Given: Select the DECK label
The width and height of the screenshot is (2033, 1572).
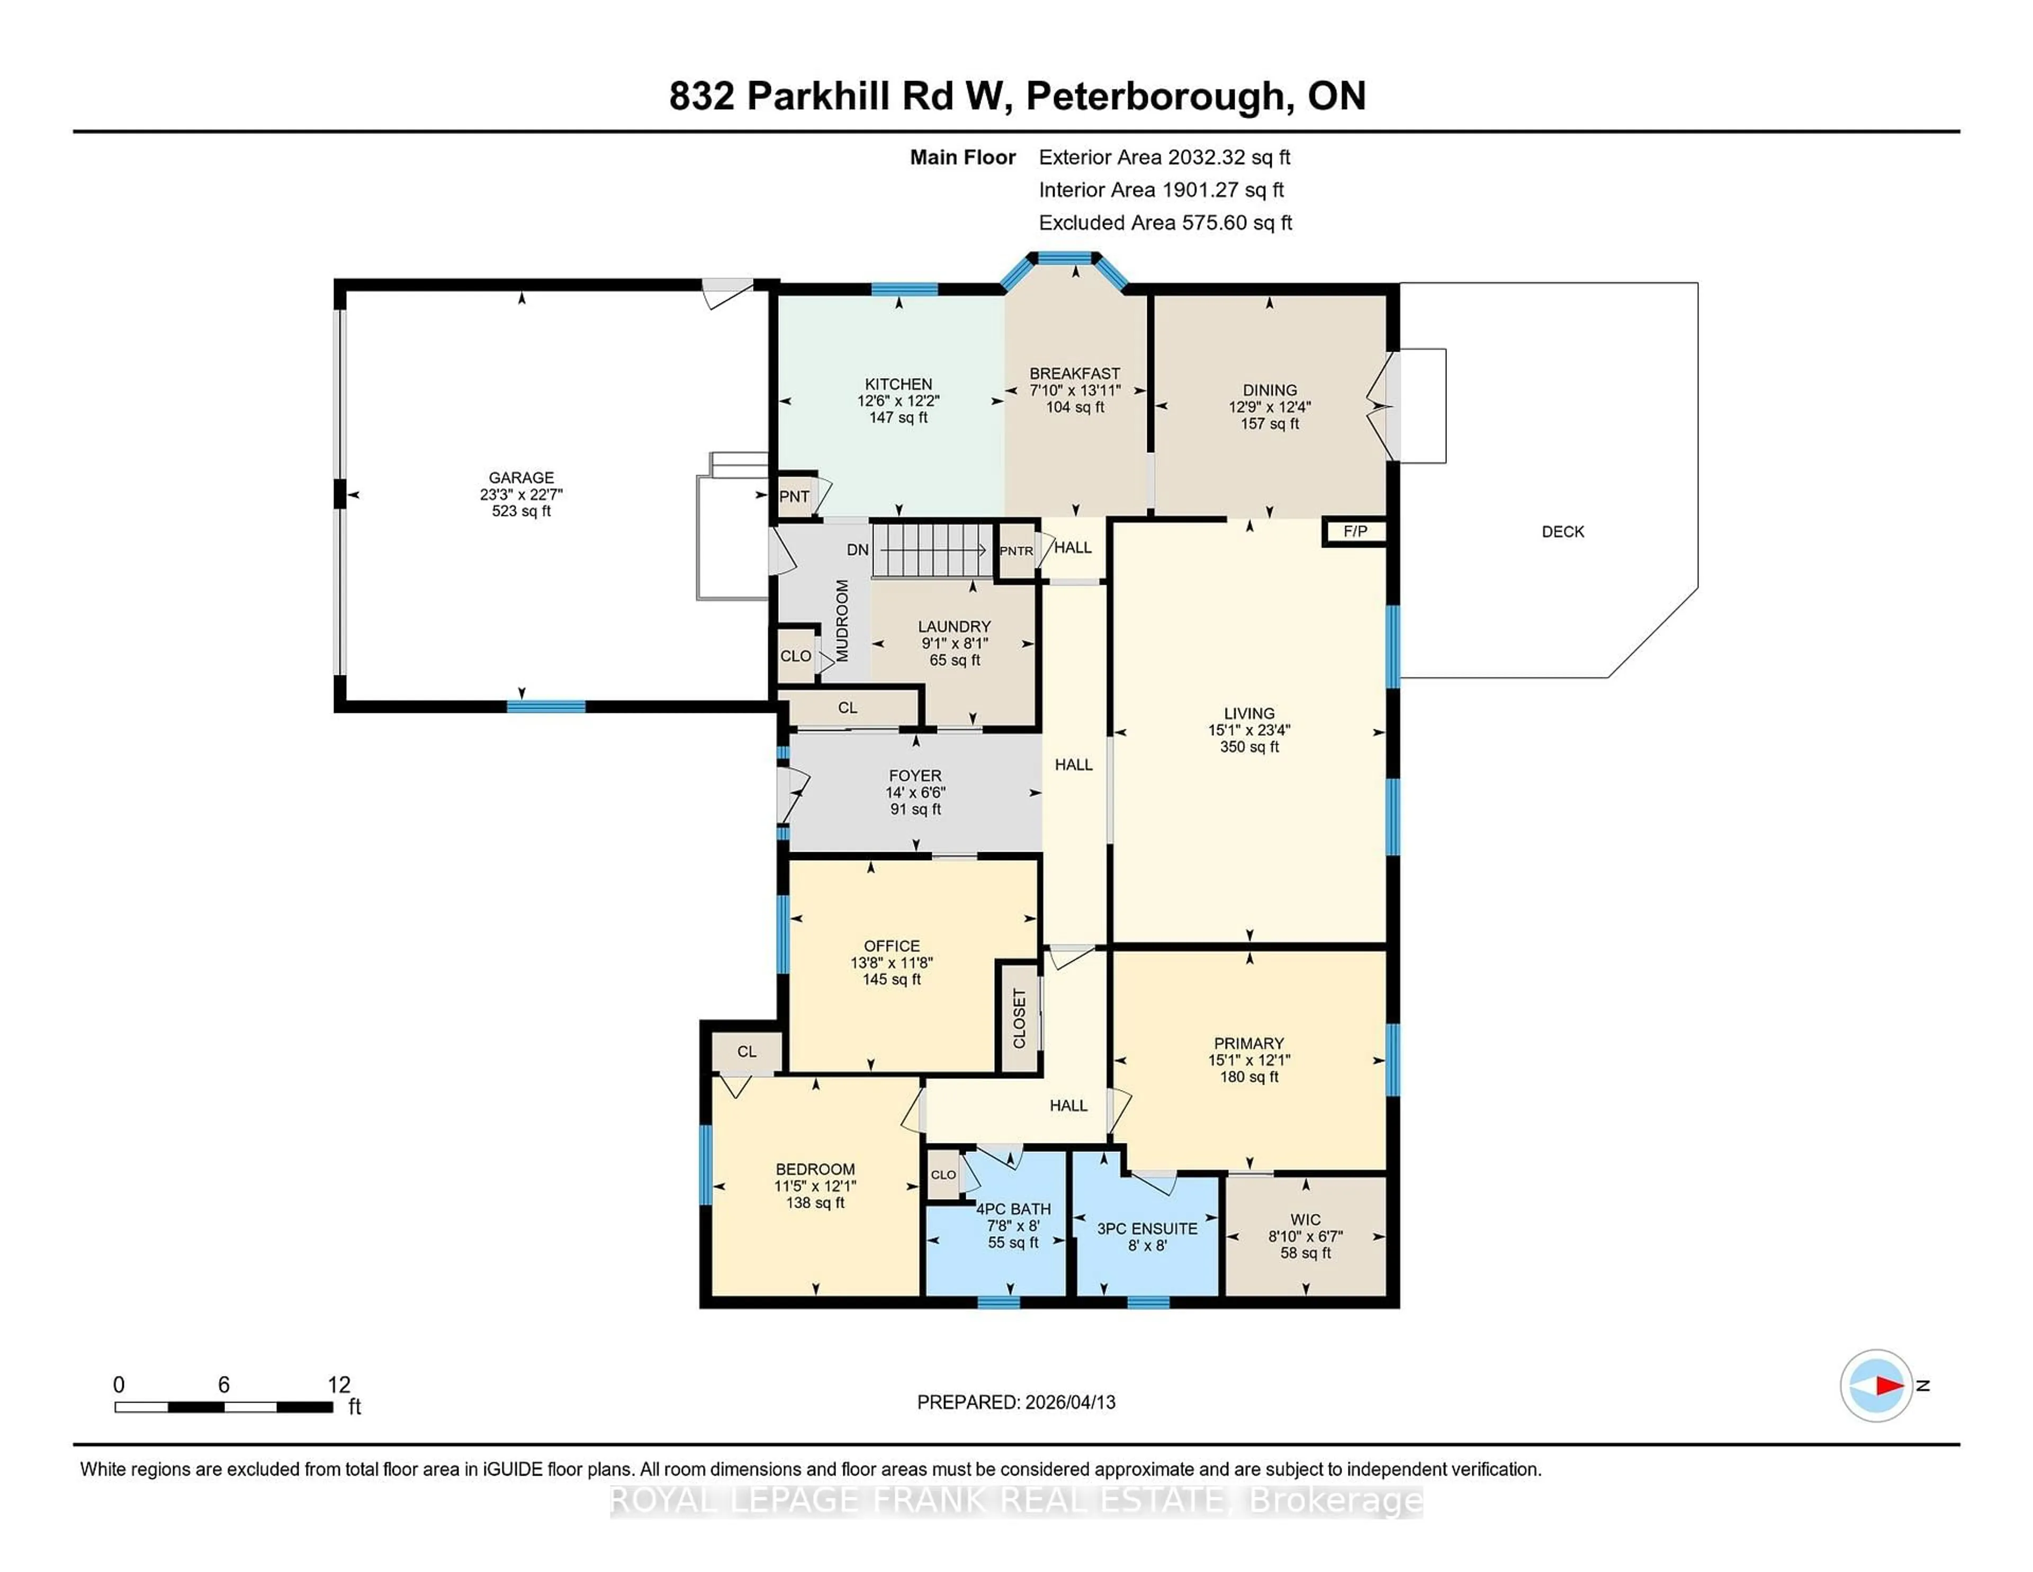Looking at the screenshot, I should coord(1562,532).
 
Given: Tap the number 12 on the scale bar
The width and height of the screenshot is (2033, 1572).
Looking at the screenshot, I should coord(339,1385).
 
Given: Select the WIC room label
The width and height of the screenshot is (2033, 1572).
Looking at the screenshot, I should coord(1305,1219).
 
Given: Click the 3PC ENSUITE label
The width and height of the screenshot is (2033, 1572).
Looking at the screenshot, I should coord(1147,1228).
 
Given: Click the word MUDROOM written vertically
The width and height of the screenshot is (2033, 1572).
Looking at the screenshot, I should coord(842,620).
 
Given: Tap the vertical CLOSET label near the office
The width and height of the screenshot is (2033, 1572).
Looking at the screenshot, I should coord(1019,1018).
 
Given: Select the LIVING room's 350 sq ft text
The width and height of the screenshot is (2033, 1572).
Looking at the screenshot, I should coord(1249,747).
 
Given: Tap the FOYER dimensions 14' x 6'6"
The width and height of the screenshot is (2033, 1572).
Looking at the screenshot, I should coord(915,792).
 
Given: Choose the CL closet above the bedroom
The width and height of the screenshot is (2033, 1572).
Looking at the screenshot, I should coord(746,1051).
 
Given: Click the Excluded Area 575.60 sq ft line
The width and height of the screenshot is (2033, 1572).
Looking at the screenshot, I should coord(1165,222).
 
